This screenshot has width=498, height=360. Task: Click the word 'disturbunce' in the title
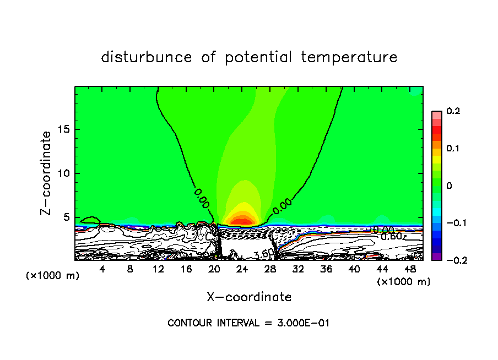[x=147, y=57]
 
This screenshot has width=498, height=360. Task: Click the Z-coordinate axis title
[x=47, y=173]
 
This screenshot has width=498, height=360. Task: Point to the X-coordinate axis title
[x=249, y=297]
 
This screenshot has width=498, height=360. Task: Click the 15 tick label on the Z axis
[x=63, y=129]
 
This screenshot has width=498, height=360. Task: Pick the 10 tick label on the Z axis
[x=63, y=173]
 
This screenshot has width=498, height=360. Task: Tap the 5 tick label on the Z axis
[x=66, y=217]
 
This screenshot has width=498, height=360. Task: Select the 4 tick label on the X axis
[x=102, y=269]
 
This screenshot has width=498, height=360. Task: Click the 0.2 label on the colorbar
[x=452, y=111]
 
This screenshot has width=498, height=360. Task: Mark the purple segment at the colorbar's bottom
[x=436, y=257]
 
